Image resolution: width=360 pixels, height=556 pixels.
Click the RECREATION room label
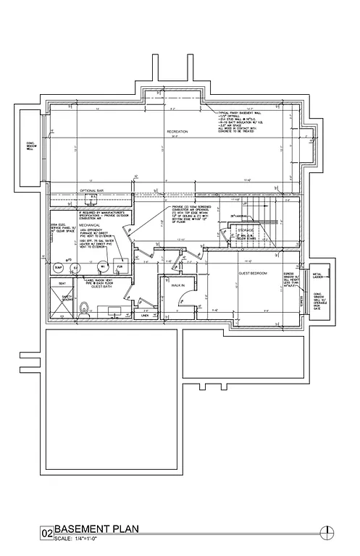coord(177,131)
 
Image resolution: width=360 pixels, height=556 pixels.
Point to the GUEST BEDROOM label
coord(254,273)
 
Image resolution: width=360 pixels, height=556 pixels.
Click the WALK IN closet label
coord(178,286)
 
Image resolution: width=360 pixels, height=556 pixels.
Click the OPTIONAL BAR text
coord(92,191)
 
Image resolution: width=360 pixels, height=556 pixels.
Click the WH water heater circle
coord(103,267)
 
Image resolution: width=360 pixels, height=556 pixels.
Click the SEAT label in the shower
coord(62,283)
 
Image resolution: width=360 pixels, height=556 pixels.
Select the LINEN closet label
coord(145,316)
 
